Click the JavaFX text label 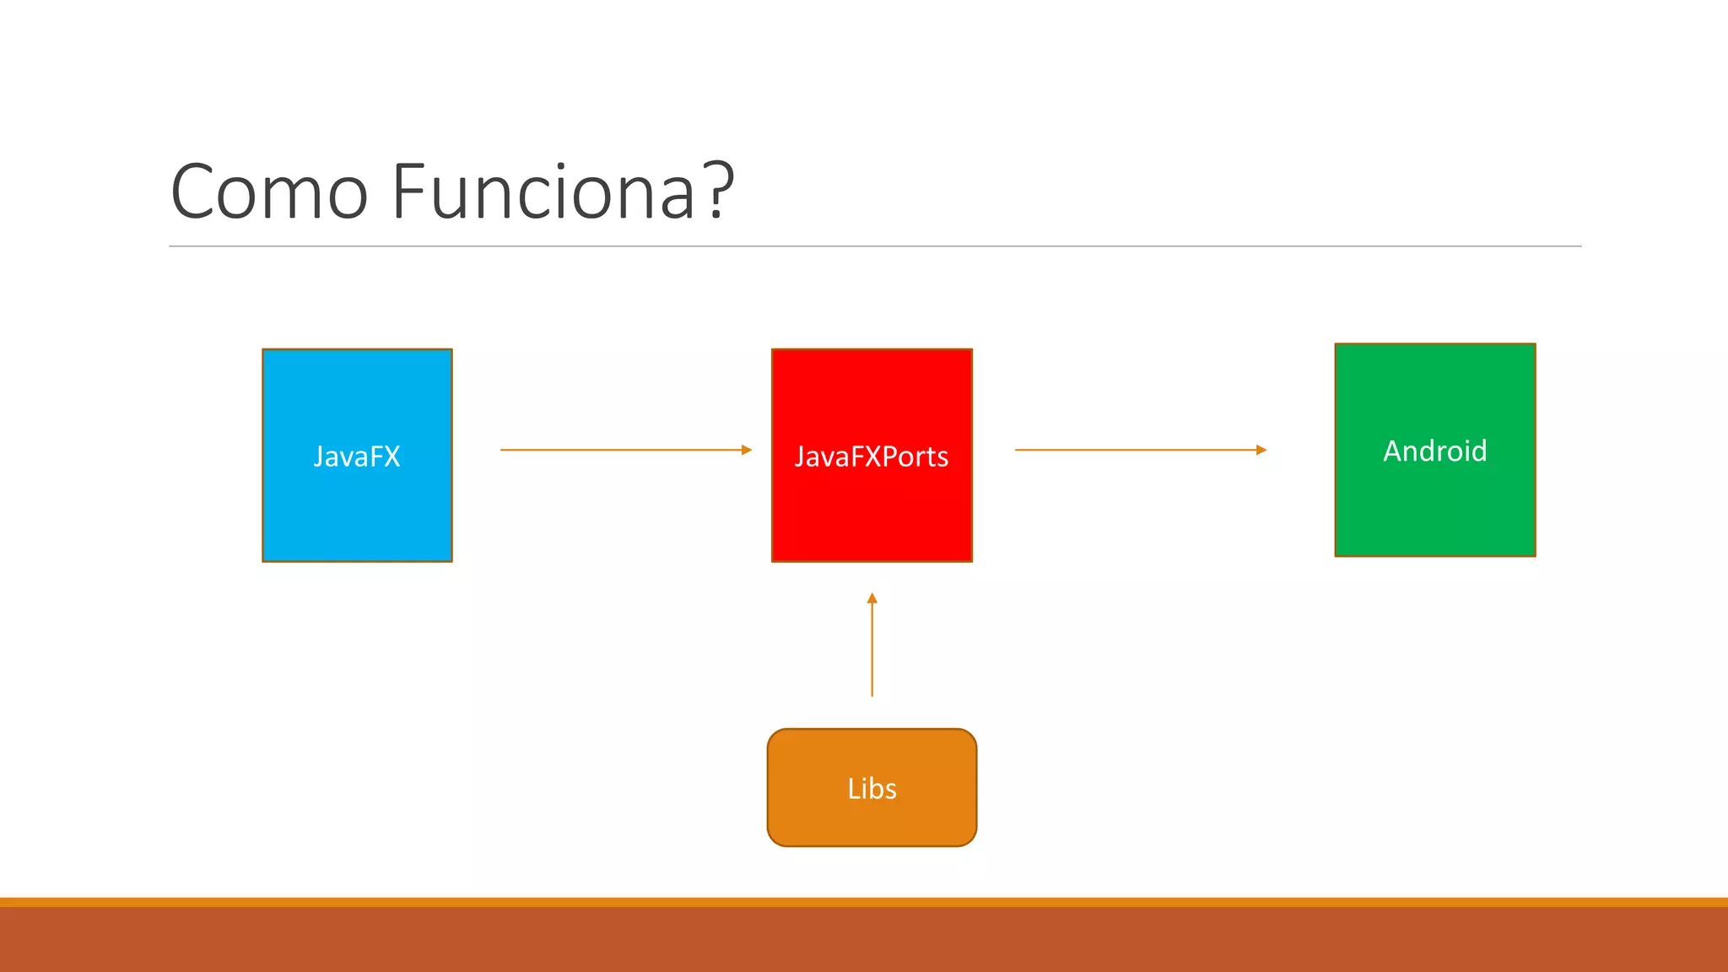point(357,456)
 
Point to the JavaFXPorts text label point(872,456)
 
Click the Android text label point(1434,451)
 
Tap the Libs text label point(872,788)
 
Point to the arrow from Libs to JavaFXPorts point(872,650)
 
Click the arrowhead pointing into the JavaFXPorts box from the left point(747,450)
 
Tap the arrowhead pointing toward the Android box point(1261,450)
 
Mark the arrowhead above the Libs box point(872,598)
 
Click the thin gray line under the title point(875,246)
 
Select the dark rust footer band point(864,940)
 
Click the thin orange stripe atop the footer point(864,902)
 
